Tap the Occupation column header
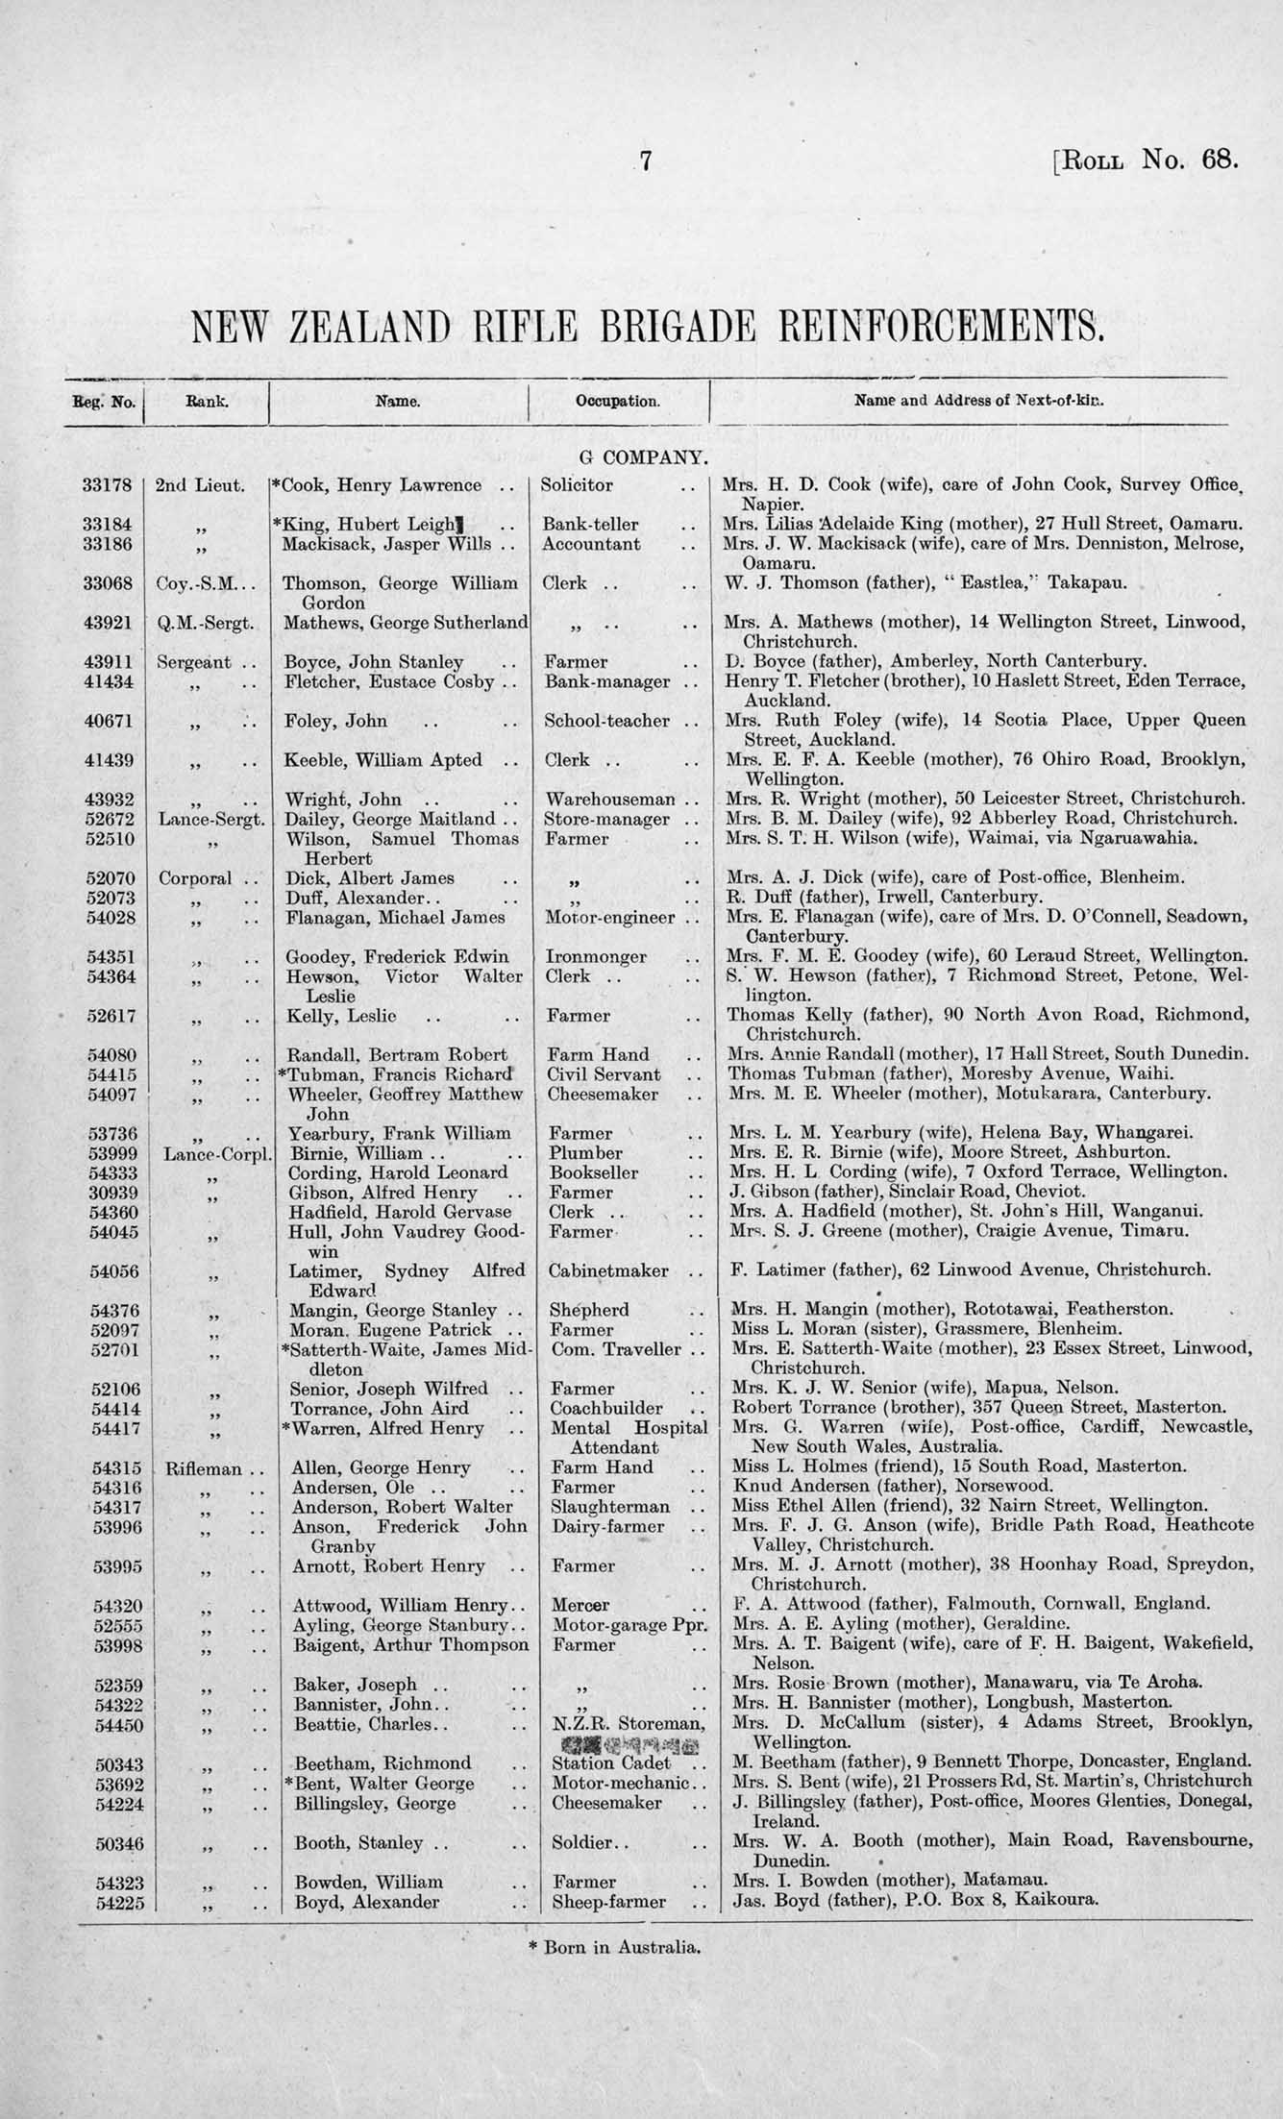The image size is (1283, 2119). coord(617,401)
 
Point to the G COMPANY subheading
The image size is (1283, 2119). coord(642,458)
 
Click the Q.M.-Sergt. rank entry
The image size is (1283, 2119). coord(205,623)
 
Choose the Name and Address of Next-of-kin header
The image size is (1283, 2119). coord(978,401)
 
